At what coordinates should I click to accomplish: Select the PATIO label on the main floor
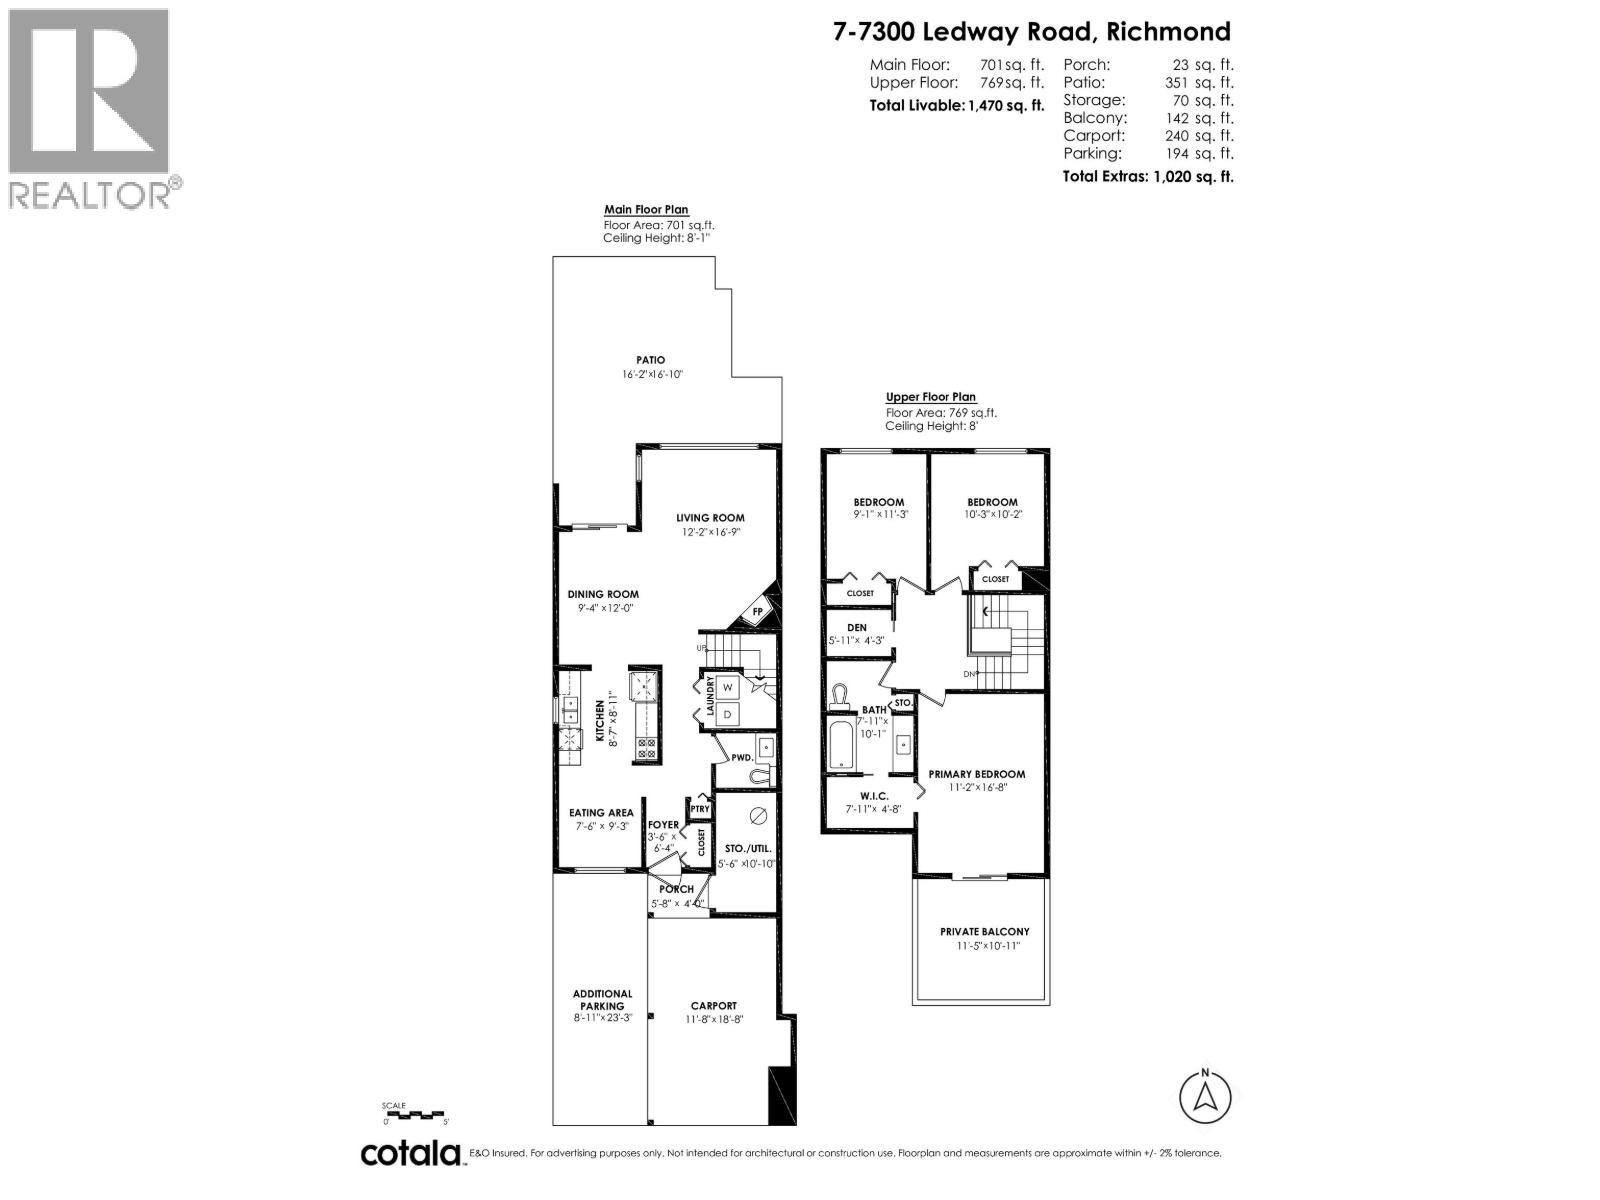tap(650, 360)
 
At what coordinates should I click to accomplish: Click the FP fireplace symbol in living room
tap(757, 612)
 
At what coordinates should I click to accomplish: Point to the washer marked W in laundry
tap(728, 688)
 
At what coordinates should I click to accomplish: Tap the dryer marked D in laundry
tap(728, 714)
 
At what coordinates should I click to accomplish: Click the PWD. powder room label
tap(741, 758)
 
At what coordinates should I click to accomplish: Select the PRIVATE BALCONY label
tap(984, 931)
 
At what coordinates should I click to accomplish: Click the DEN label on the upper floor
tap(856, 628)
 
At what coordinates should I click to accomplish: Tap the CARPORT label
tap(713, 1006)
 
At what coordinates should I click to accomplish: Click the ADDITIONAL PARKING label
tap(602, 1000)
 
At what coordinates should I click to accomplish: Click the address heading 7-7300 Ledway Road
tap(1032, 32)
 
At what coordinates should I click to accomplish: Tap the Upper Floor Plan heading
tap(930, 397)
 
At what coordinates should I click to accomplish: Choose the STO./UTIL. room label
tap(747, 848)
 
